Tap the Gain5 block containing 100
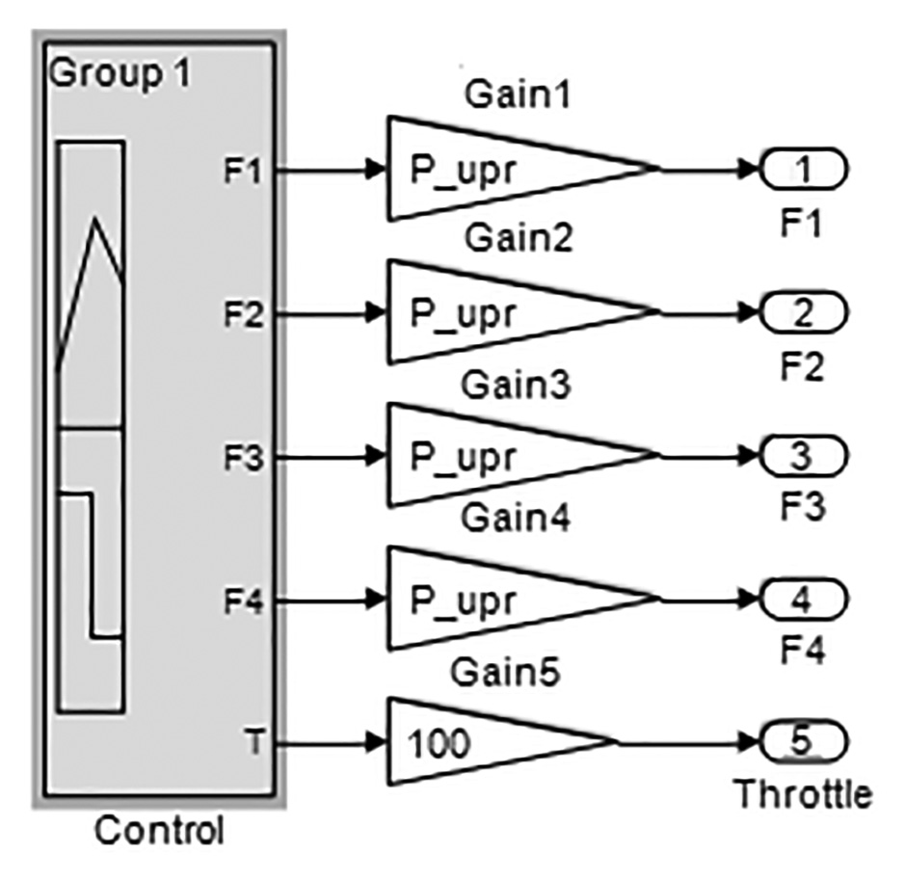pyautogui.click(x=482, y=743)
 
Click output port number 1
pyautogui.click(x=804, y=170)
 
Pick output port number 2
pyautogui.click(x=804, y=312)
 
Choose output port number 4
pyautogui.click(x=804, y=599)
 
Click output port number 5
pyautogui.click(x=804, y=742)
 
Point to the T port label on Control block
pyautogui.click(x=252, y=743)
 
